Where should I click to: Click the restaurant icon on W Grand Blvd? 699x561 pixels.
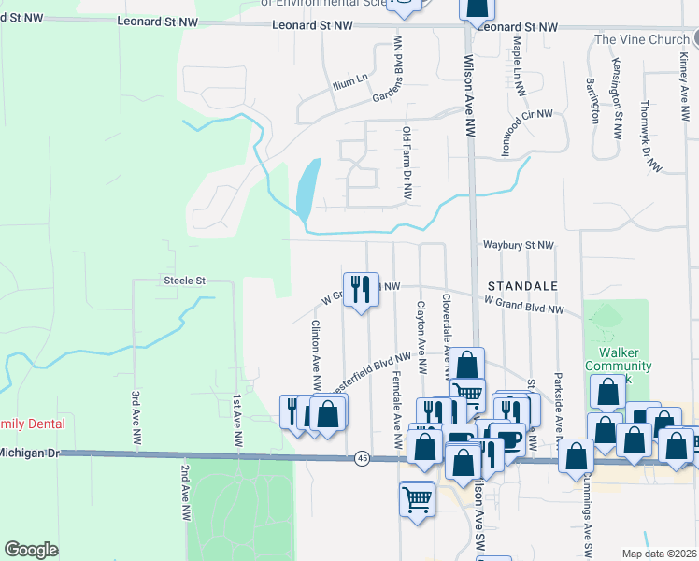point(360,288)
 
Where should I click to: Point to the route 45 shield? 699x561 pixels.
point(362,457)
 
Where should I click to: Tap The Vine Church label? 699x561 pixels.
point(641,39)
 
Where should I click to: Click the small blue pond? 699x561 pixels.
point(307,187)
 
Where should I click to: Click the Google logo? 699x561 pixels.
point(31,549)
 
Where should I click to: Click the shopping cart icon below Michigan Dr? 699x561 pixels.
point(415,497)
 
